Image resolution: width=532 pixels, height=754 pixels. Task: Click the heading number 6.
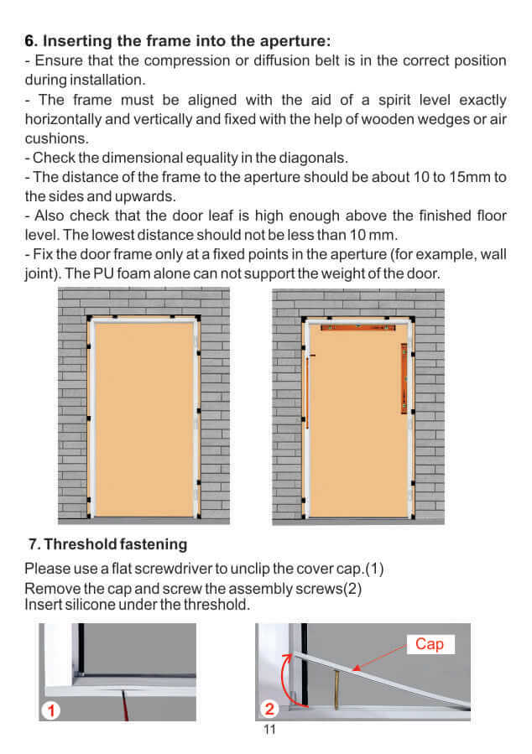[x=30, y=40]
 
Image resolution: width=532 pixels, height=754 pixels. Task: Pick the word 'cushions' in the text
[x=55, y=138]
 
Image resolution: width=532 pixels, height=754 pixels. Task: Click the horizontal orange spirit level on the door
[x=358, y=327]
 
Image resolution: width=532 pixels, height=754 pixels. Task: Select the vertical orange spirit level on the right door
[x=404, y=378]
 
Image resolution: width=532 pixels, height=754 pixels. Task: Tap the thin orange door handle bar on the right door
[x=307, y=393]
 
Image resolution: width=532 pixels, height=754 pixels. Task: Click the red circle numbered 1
[x=52, y=711]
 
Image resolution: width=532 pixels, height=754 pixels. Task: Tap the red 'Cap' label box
[x=430, y=644]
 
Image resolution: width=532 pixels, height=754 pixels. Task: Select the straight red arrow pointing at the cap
[x=381, y=658]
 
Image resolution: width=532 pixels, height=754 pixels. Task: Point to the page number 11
[x=269, y=730]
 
